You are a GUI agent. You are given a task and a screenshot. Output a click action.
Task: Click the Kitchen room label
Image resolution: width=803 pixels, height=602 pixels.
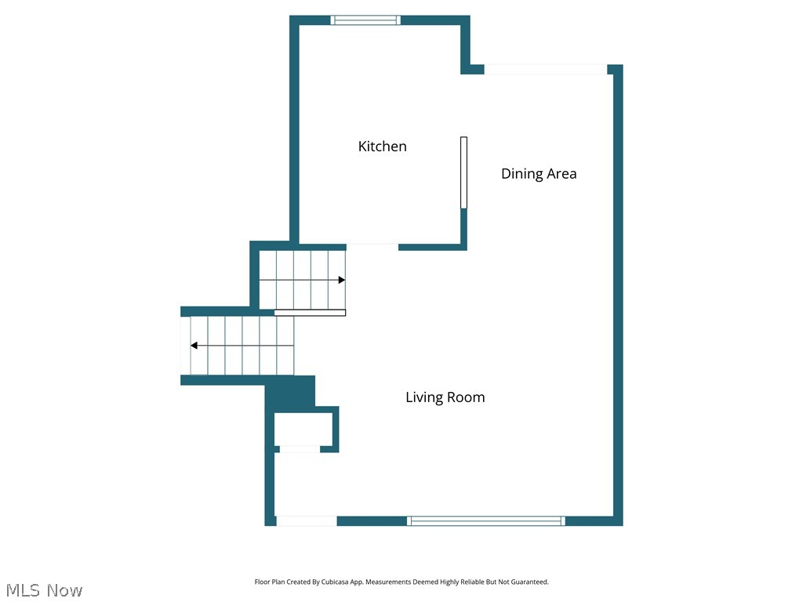coord(382,147)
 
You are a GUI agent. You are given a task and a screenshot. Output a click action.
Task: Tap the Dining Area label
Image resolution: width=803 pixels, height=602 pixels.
coord(539,174)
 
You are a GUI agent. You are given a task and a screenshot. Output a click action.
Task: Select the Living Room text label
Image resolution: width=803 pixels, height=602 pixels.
coord(445,397)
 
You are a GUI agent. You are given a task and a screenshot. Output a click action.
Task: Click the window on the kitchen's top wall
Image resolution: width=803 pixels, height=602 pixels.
coord(365,20)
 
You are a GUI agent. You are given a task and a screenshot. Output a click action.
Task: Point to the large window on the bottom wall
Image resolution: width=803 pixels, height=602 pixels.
coord(486,520)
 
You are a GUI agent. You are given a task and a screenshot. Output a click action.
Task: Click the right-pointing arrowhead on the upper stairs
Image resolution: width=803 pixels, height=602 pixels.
coord(341,280)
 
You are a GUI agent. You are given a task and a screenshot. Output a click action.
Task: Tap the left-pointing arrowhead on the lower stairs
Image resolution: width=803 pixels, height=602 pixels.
coord(194,346)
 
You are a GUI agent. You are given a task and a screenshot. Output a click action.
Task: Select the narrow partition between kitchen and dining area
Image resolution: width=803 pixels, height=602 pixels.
coord(463,172)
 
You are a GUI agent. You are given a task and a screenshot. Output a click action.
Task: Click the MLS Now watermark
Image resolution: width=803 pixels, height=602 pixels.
coord(44,589)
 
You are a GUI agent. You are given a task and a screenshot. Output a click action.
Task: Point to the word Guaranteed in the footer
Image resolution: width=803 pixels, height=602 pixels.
coord(530,582)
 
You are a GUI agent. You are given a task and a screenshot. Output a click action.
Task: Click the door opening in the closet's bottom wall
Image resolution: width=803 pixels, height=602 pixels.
coord(300,449)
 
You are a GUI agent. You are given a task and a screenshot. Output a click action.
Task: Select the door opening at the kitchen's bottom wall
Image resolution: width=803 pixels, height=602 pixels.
coord(372,247)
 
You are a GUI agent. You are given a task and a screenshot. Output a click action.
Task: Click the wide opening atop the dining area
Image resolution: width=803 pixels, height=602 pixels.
coord(546,70)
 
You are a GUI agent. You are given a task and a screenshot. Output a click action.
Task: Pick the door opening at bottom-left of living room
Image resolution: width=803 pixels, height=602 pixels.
coord(307,520)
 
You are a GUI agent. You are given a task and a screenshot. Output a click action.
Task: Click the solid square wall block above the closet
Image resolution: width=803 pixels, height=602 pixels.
coord(290,391)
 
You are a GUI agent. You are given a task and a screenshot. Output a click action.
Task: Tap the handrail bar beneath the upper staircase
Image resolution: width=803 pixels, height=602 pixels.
coord(310,313)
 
